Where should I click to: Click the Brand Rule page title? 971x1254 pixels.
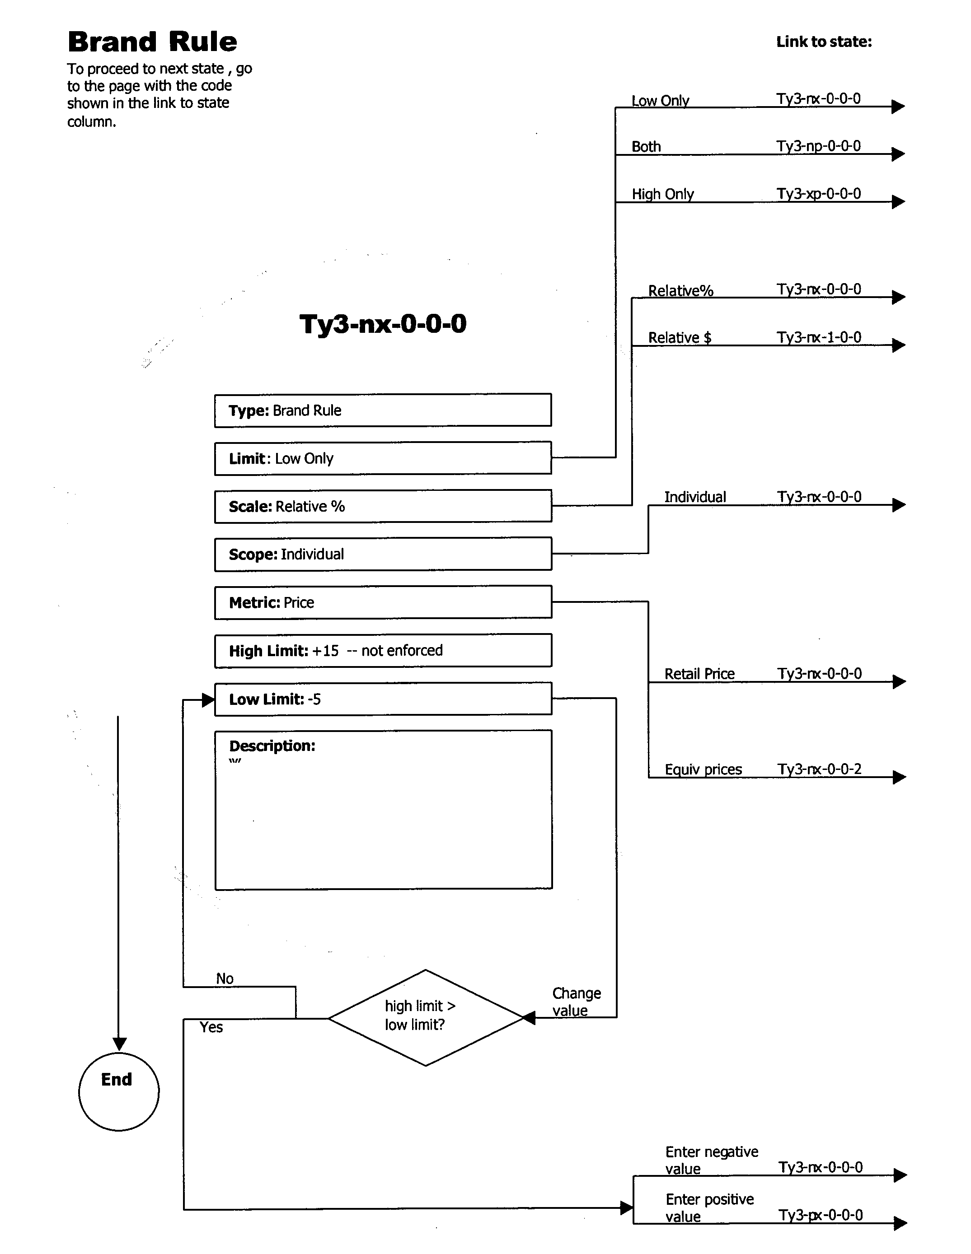152,42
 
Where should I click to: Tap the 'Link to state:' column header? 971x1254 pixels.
823,42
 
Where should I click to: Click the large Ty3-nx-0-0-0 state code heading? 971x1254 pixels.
383,324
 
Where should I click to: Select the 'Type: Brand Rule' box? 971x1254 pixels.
383,410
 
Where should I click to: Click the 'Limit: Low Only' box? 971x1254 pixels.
383,458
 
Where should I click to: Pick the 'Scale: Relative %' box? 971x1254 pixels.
383,506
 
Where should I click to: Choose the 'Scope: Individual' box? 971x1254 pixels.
383,554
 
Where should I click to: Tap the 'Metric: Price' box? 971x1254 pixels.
383,602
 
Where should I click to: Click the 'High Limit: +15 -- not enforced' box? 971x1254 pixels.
383,651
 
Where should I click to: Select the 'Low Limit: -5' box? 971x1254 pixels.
383,699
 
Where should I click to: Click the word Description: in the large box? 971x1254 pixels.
272,746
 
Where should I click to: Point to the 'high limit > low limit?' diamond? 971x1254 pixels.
425,1018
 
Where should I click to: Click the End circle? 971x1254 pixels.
118,1091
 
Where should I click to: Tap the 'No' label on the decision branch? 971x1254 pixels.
225,979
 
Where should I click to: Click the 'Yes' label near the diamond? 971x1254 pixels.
211,1027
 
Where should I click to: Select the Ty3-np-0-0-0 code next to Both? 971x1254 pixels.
818,146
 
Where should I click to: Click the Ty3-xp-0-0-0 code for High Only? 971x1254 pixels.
818,194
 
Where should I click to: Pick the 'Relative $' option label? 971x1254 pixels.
679,338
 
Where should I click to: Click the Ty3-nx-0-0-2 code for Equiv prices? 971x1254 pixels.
819,769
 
